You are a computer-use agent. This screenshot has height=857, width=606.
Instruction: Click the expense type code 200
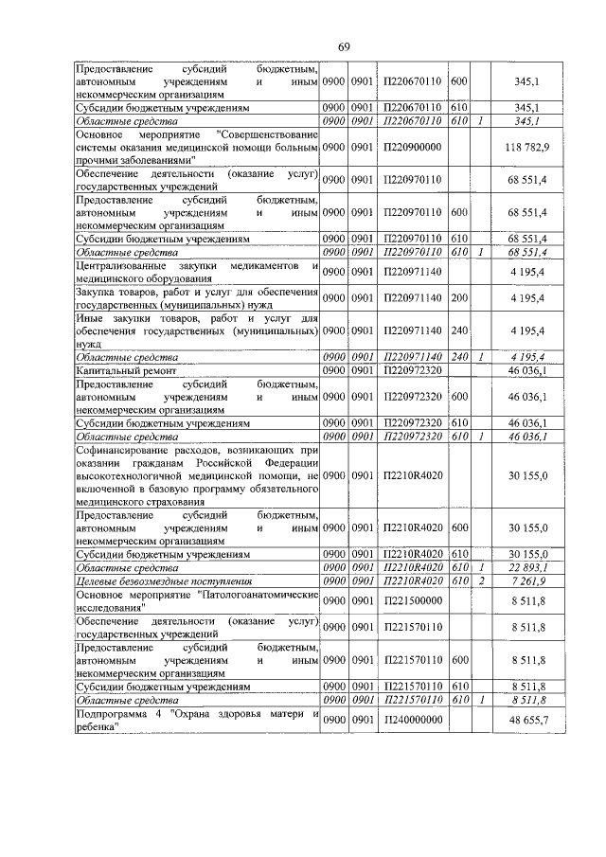point(459,298)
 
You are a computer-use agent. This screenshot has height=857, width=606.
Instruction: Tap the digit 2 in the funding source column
point(480,579)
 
